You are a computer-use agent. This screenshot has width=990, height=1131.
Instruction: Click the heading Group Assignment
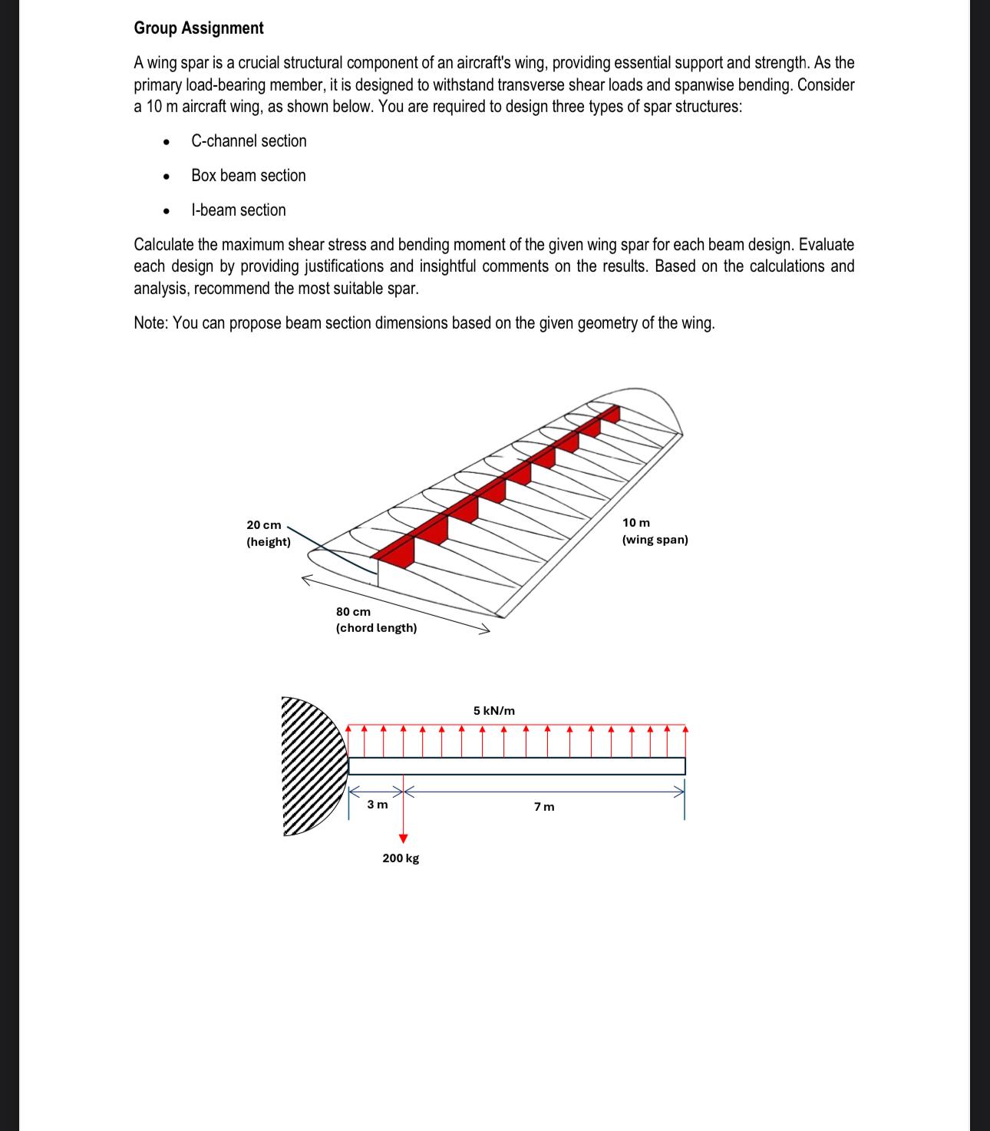click(198, 28)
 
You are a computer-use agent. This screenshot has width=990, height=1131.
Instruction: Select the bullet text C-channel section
click(249, 141)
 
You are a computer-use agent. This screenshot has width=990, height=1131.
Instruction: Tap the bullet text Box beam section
click(249, 176)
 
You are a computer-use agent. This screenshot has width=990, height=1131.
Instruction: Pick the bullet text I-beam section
click(239, 210)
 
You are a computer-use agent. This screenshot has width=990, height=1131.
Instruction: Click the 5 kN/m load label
click(494, 711)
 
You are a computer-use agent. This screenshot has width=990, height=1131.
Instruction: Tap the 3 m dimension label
click(378, 805)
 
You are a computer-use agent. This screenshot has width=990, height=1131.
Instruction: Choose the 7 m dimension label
click(544, 806)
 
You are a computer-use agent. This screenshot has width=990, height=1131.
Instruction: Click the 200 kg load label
click(401, 858)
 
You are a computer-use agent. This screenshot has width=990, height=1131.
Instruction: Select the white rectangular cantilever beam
click(516, 766)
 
